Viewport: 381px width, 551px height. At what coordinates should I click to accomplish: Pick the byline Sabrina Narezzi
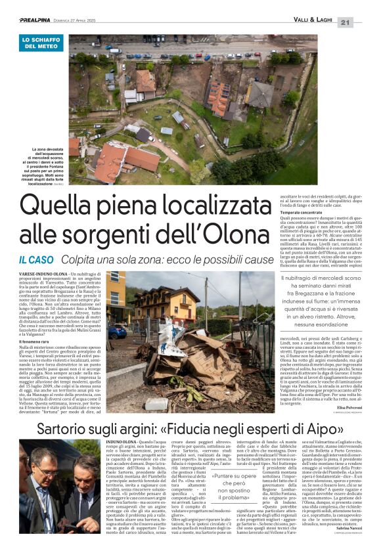[345, 536]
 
